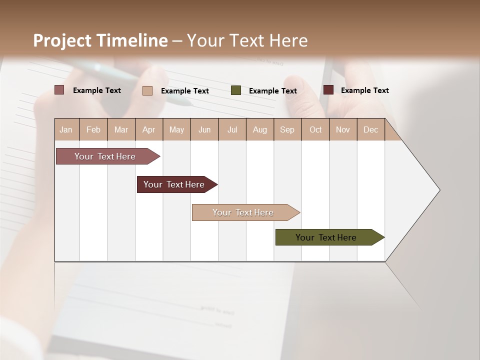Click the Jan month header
(66, 129)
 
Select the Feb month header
(93, 129)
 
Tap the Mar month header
(121, 129)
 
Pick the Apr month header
(149, 129)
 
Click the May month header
(176, 129)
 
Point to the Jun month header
(204, 129)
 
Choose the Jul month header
(232, 129)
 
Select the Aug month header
(260, 129)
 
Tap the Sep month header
(287, 129)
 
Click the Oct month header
(315, 129)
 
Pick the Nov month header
(343, 129)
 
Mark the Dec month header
(371, 129)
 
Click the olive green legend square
(236, 90)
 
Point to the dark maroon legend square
(328, 90)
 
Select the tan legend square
(147, 90)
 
